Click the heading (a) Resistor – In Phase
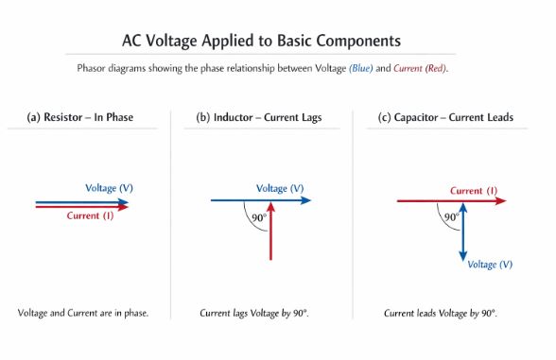click(x=79, y=118)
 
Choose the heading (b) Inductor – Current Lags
click(x=259, y=118)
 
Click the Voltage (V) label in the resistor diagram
click(x=109, y=187)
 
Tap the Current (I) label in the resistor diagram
click(x=91, y=216)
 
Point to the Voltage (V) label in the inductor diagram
click(x=280, y=187)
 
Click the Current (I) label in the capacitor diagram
click(x=474, y=190)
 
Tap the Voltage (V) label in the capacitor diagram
click(x=490, y=264)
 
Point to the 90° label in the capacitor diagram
click(x=452, y=216)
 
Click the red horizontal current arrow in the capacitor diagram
click(x=426, y=200)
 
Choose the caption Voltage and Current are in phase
click(x=83, y=313)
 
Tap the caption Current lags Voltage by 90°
click(x=254, y=313)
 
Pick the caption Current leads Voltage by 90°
click(x=440, y=313)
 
